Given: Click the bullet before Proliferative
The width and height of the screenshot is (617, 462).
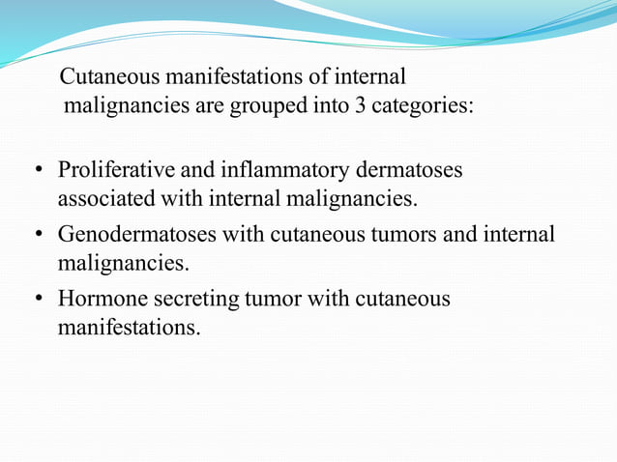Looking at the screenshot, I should [x=39, y=172].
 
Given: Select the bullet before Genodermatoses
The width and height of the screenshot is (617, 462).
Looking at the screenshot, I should [x=39, y=235].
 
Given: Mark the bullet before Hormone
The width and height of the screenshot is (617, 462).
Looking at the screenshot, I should [x=39, y=300].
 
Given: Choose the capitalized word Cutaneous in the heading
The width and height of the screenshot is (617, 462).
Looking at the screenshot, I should [x=108, y=75].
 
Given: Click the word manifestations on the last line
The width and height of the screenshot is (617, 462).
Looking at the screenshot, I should [x=130, y=328].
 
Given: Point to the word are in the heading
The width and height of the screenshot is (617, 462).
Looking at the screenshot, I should [x=210, y=105].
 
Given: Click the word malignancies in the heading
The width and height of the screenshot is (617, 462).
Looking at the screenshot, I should [x=128, y=105].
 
